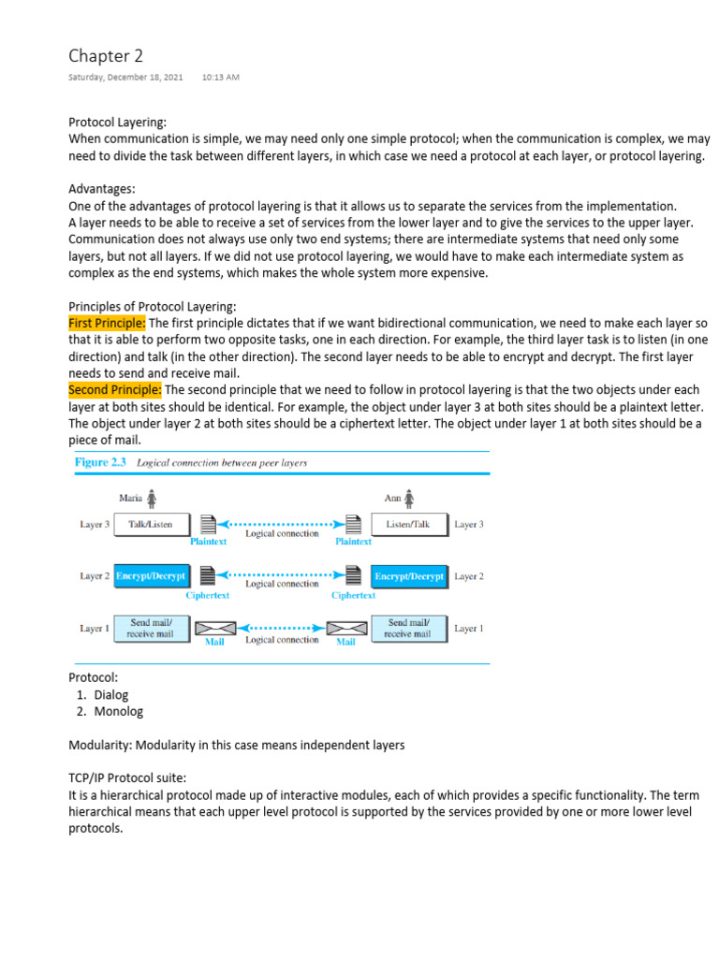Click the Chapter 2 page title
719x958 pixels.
(106, 56)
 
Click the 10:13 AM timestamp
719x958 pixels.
(220, 77)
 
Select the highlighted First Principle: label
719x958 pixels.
(106, 323)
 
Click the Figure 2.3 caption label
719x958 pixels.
(102, 462)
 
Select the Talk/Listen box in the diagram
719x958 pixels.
(152, 525)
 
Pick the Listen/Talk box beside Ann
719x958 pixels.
(410, 525)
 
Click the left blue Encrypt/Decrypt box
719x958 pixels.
(152, 576)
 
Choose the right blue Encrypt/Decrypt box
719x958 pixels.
(410, 576)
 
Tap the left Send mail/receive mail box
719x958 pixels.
(152, 628)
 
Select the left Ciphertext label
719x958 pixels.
(208, 595)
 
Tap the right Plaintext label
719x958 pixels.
(353, 541)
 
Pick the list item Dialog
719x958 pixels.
(111, 694)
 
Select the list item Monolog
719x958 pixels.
(119, 711)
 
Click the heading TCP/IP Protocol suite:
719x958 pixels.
(127, 777)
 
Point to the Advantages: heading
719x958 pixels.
(101, 189)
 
